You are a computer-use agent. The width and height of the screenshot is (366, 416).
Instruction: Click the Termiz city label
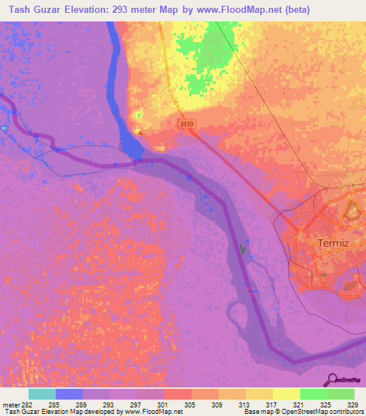(x=332, y=244)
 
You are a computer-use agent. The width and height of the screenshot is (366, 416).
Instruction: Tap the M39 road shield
(x=186, y=124)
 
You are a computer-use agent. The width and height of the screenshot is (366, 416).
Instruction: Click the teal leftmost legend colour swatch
(x=41, y=393)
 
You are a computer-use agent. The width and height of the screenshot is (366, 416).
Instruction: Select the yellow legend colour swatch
(x=286, y=393)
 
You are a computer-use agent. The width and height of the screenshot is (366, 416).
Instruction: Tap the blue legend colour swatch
(x=69, y=393)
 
